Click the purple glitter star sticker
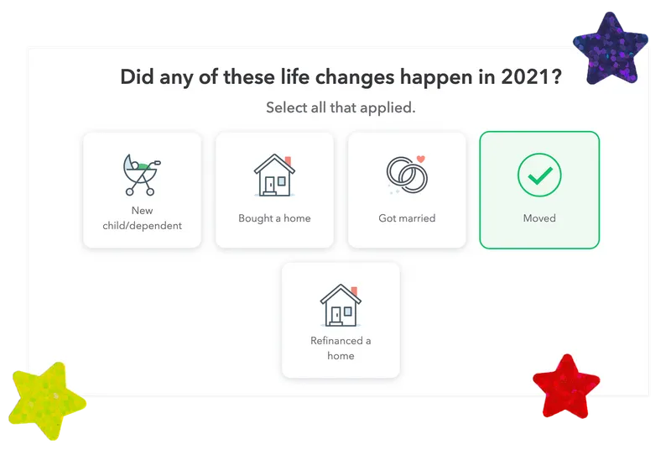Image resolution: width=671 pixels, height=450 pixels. [x=611, y=50]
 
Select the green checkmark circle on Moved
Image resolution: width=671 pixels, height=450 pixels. [x=539, y=175]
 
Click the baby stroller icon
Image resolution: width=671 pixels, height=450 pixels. [x=142, y=175]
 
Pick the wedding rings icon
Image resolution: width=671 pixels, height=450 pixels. [x=407, y=175]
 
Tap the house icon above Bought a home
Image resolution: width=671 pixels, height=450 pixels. [x=274, y=175]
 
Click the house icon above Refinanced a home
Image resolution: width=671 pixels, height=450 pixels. [x=341, y=306]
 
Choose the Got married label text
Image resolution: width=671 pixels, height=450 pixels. [x=407, y=218]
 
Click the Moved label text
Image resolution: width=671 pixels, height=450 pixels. [x=539, y=218]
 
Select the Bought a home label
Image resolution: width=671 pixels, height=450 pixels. [x=274, y=218]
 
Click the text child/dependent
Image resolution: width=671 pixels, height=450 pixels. [x=142, y=226]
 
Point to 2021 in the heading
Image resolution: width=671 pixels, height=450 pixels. [x=525, y=77]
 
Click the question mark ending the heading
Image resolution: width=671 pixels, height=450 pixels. [x=556, y=77]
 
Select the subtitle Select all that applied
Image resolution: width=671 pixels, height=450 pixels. [x=341, y=107]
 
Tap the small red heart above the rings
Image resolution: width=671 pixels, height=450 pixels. [x=421, y=159]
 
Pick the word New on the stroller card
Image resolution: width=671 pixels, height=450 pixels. [x=142, y=211]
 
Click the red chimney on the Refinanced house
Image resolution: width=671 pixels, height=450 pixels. [x=354, y=291]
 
